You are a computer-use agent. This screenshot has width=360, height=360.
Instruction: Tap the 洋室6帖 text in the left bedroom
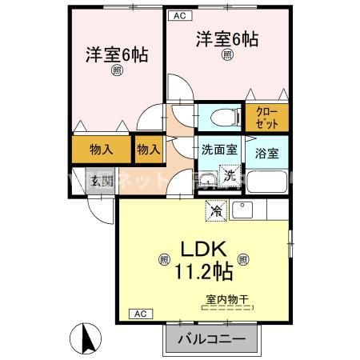[117, 55]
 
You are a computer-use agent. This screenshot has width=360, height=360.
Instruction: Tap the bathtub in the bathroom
[266, 182]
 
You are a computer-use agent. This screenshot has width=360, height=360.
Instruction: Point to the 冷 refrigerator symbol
[217, 210]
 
